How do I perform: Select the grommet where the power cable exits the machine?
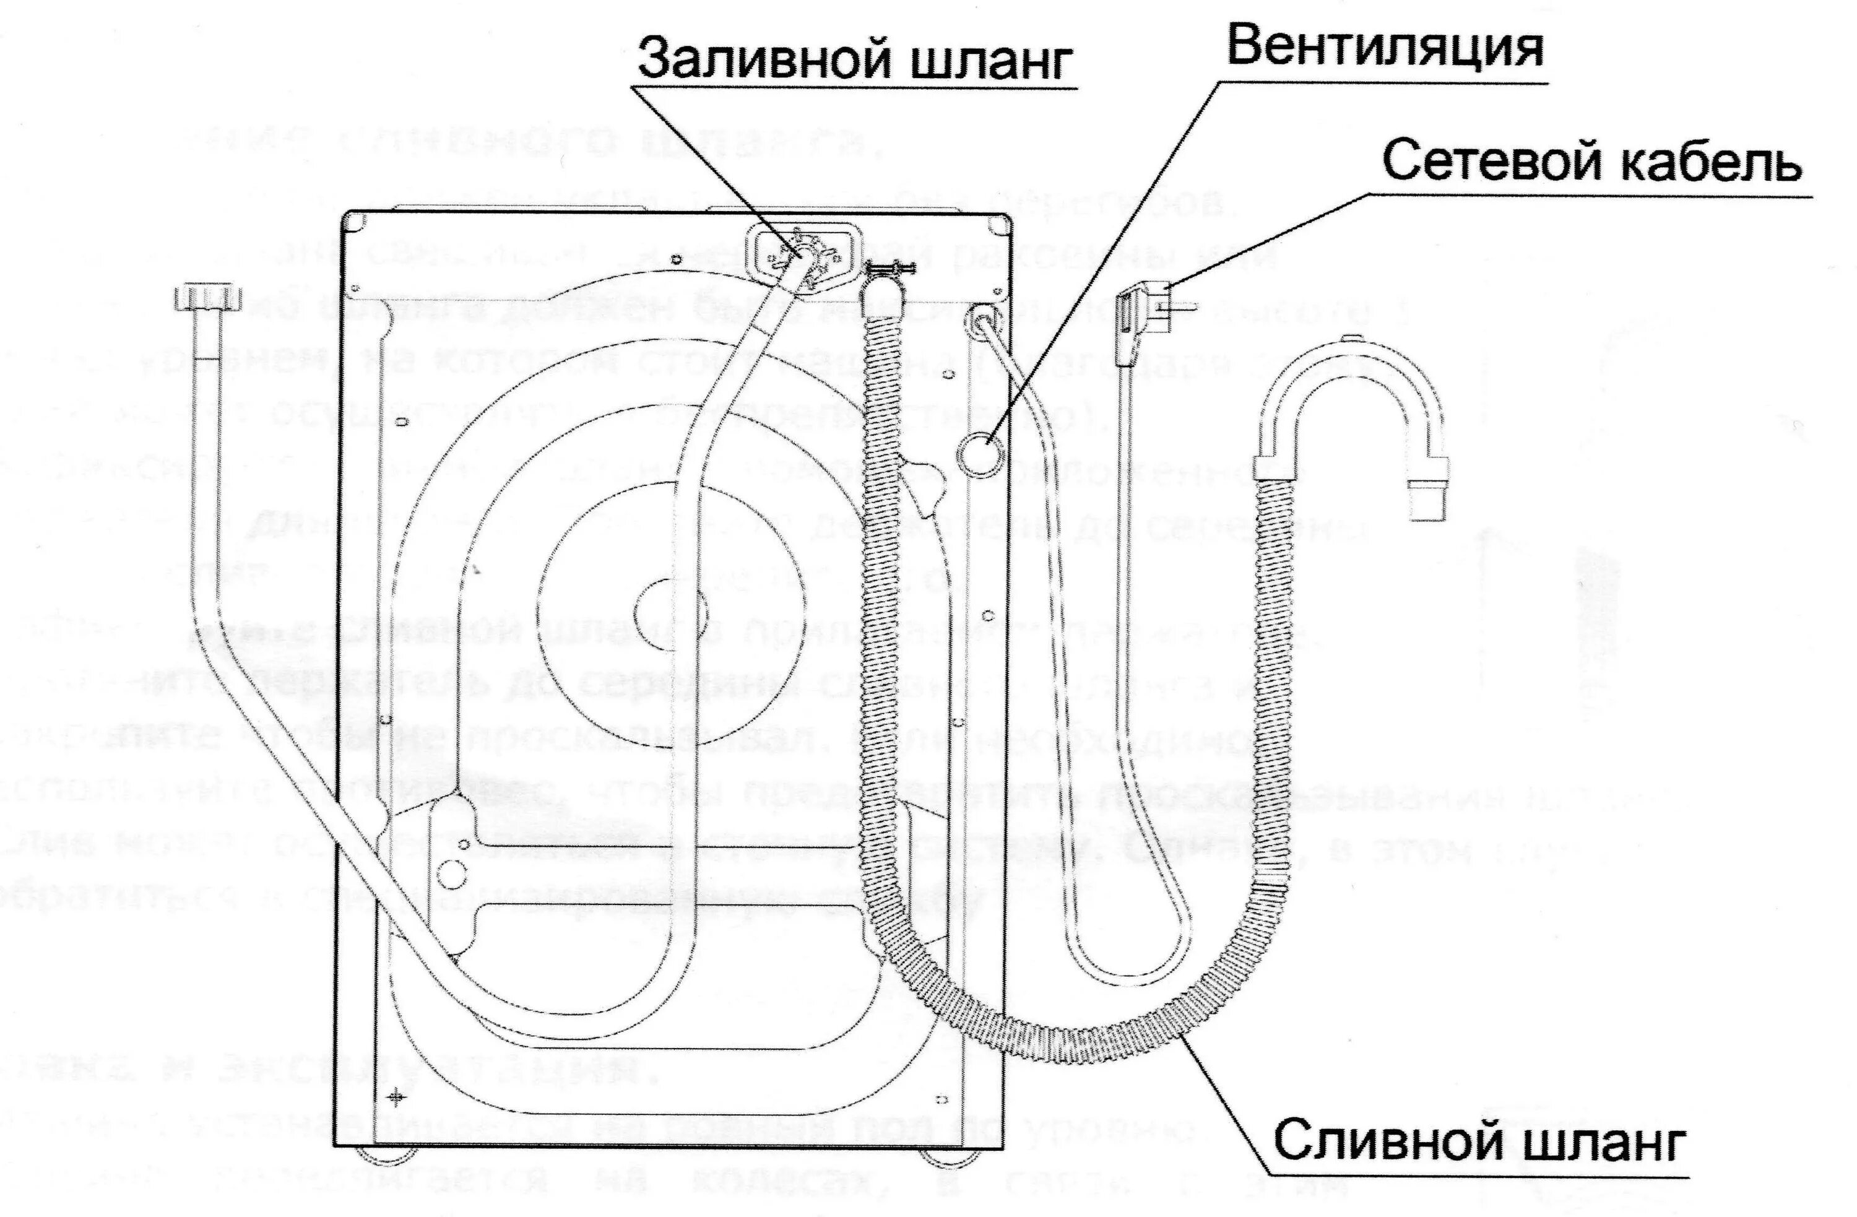click(979, 320)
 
